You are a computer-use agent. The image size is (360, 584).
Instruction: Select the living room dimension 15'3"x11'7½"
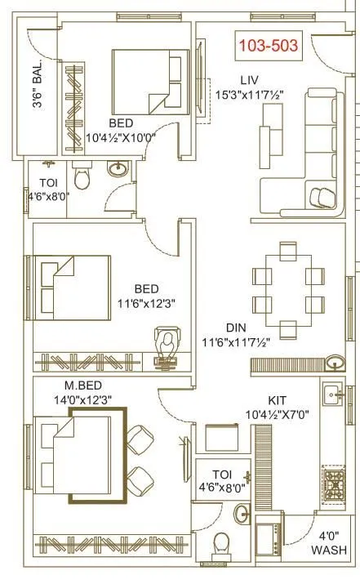[250, 96]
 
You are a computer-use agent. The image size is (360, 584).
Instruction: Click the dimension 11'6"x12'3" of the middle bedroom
[147, 303]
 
